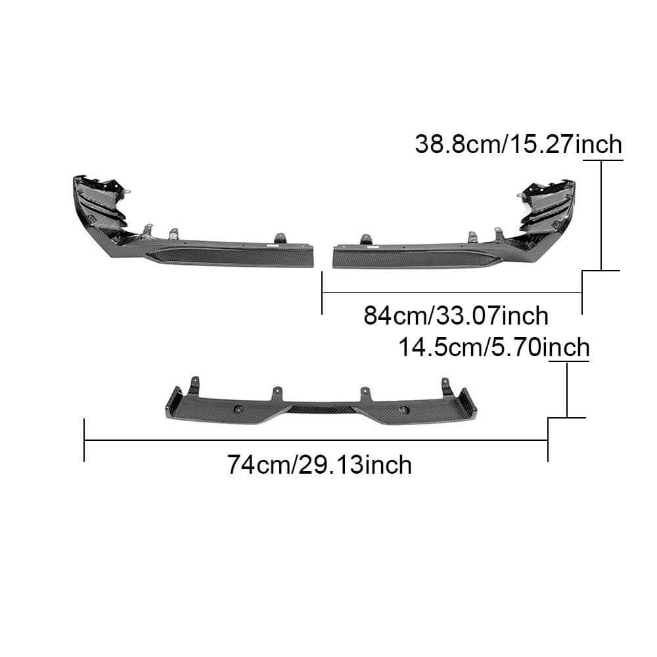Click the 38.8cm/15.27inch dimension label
(x=518, y=144)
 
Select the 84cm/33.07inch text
(x=456, y=315)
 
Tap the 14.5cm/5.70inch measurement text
(x=493, y=346)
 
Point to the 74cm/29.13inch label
(x=320, y=464)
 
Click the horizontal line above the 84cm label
(x=452, y=292)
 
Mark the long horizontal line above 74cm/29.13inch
(x=316, y=441)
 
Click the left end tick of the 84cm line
(x=322, y=293)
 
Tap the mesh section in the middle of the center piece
(x=320, y=409)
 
